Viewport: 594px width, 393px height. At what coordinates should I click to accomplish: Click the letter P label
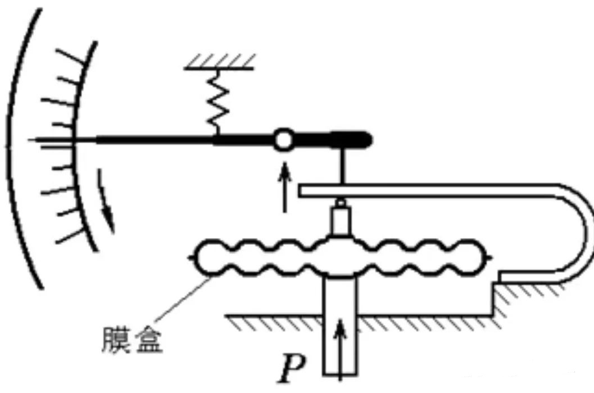pyautogui.click(x=292, y=369)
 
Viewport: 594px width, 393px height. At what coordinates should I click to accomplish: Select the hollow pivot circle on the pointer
pyautogui.click(x=284, y=140)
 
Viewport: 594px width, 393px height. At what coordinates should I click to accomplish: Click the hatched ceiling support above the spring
pyautogui.click(x=220, y=61)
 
